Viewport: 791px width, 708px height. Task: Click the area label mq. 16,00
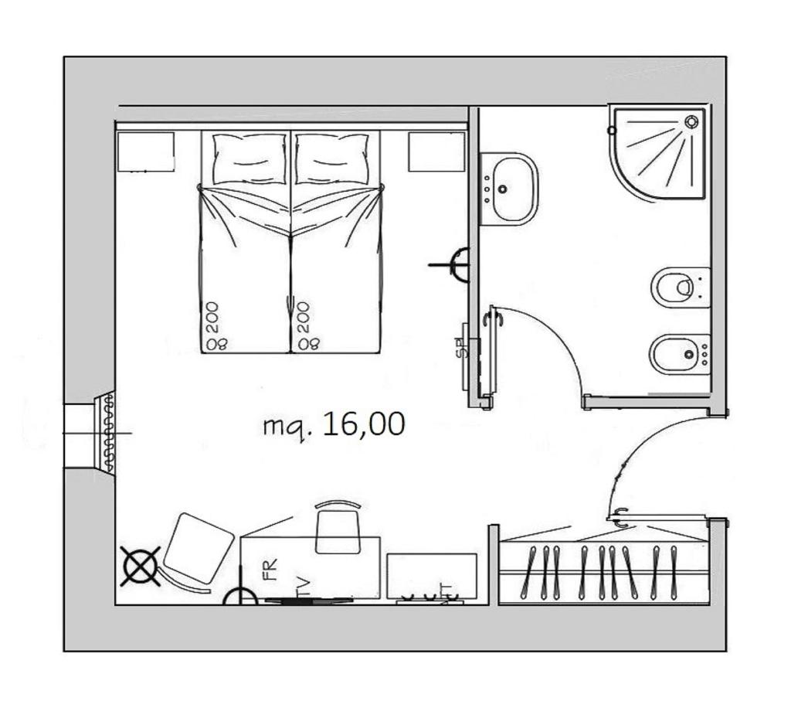point(334,424)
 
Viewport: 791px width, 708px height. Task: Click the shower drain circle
point(691,121)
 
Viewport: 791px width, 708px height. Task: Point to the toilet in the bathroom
point(680,288)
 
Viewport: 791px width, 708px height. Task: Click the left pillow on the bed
point(249,158)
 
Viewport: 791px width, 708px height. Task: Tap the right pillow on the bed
point(332,158)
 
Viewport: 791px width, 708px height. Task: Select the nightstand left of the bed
point(145,151)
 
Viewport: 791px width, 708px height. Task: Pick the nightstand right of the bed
point(436,151)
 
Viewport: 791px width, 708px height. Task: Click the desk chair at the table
point(338,527)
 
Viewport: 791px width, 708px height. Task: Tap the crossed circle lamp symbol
point(141,566)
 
